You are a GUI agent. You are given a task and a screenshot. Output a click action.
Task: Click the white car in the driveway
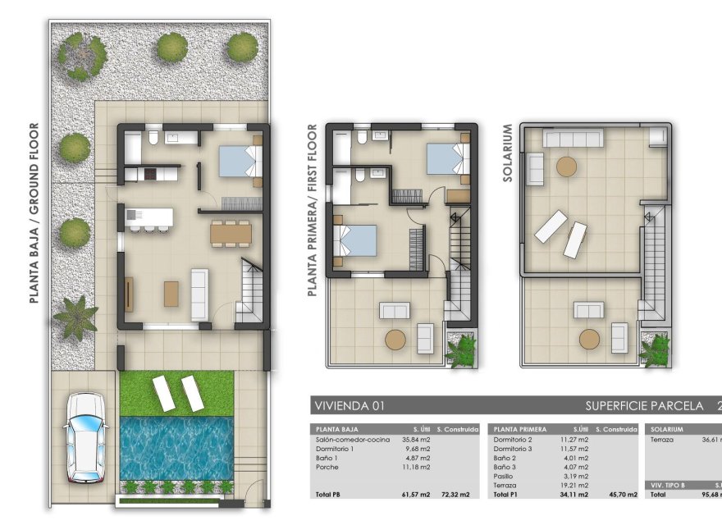pyautogui.click(x=85, y=436)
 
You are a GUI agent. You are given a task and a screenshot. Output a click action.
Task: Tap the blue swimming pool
pyautogui.click(x=176, y=446)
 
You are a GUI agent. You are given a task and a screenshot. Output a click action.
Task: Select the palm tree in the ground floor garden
pyautogui.click(x=74, y=317)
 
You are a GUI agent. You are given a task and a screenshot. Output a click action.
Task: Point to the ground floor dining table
pyautogui.click(x=231, y=234)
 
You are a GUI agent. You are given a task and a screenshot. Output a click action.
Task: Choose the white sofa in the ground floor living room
pyautogui.click(x=199, y=293)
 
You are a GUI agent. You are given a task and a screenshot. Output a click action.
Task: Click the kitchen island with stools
pyautogui.click(x=151, y=217)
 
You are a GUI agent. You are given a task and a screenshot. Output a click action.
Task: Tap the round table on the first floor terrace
pyautogui.click(x=397, y=339)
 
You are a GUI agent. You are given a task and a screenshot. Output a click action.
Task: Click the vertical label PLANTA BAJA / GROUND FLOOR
pyautogui.click(x=34, y=213)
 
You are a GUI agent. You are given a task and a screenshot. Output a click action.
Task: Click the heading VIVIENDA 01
pyautogui.click(x=350, y=405)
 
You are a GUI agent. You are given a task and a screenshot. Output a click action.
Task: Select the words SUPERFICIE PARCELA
pyautogui.click(x=644, y=405)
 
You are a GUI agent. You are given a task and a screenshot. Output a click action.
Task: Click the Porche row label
pyautogui.click(x=327, y=467)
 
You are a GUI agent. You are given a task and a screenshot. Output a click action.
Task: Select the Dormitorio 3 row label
pyautogui.click(x=515, y=449)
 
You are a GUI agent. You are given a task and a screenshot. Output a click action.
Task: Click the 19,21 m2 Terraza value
pyautogui.click(x=574, y=485)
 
